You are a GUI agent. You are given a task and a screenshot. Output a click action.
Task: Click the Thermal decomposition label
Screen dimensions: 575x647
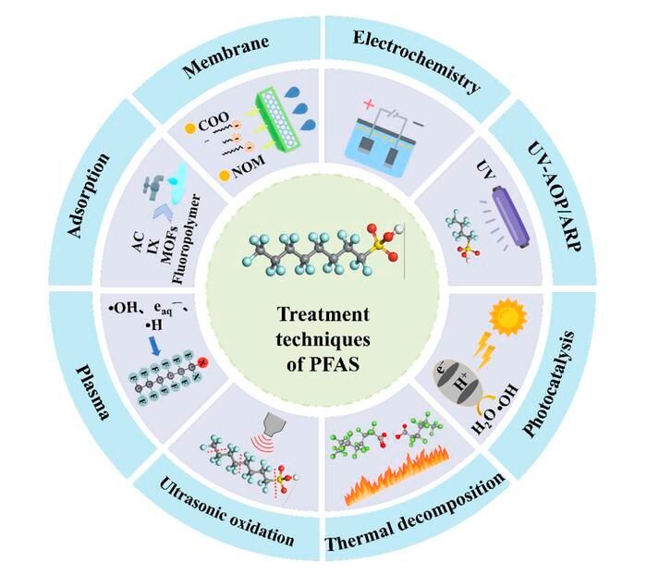click(416, 519)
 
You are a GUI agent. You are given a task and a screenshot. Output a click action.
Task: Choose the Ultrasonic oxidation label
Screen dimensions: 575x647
click(227, 512)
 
